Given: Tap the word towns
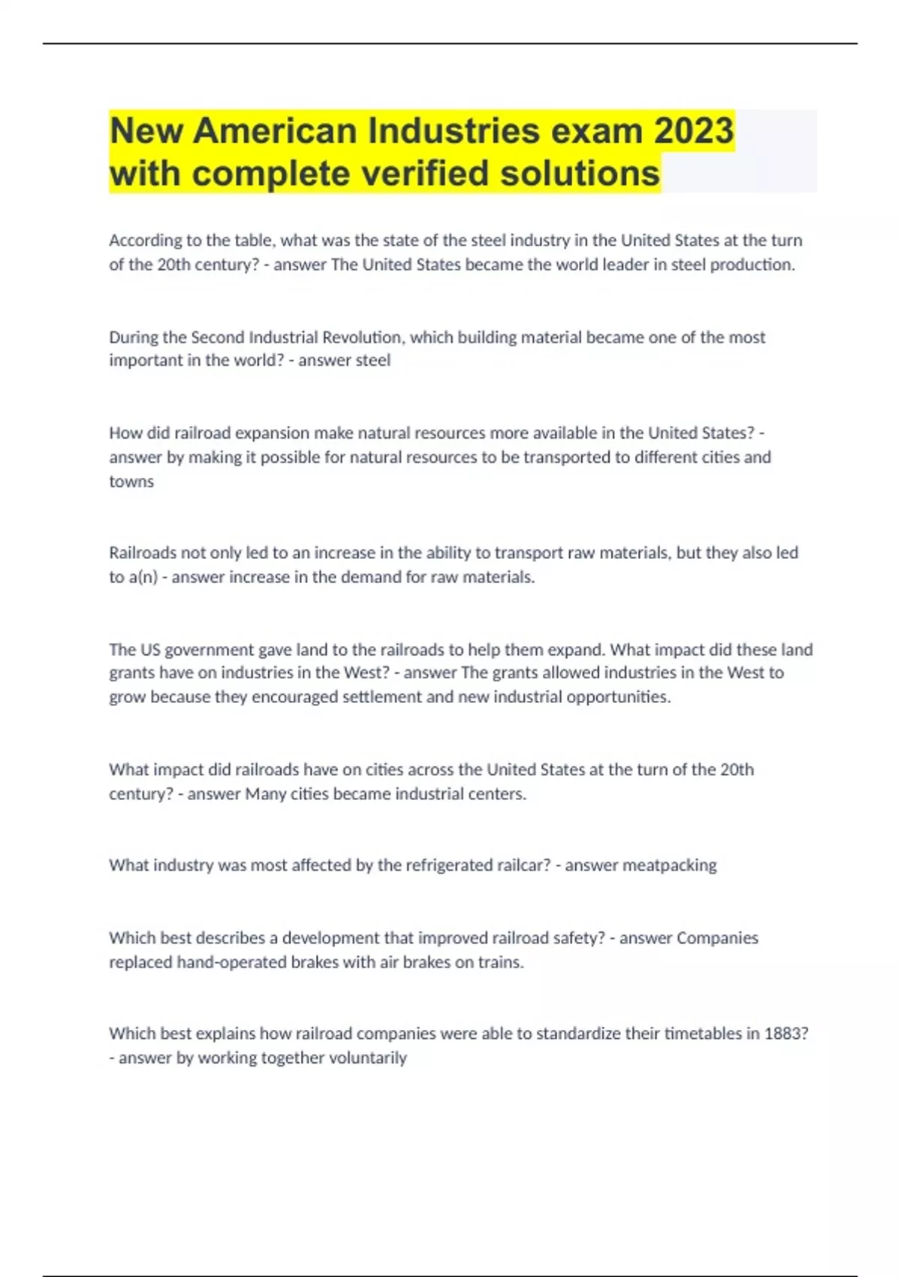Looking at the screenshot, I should coord(131,482).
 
